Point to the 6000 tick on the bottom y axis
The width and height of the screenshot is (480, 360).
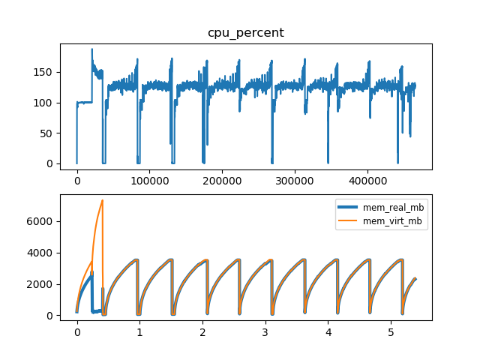(x=44, y=221)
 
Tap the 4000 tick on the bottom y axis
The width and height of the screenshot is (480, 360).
(x=44, y=253)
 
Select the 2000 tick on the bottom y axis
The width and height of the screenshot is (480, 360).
(x=44, y=284)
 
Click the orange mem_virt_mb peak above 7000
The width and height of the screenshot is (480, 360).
(x=102, y=200)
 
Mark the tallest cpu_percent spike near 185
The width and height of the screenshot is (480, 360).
(x=92, y=49)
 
